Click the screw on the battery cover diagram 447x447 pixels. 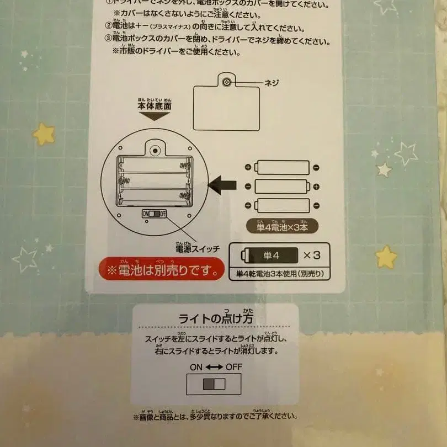coord(226,82)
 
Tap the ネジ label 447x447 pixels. coord(272,83)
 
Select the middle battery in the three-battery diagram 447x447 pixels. coord(281,186)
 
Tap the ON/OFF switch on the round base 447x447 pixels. coord(154,214)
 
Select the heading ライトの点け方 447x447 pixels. coord(215,318)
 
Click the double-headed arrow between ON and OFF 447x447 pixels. coord(214,366)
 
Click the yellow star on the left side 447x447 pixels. coord(44,134)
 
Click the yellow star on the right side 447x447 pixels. coord(386,257)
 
